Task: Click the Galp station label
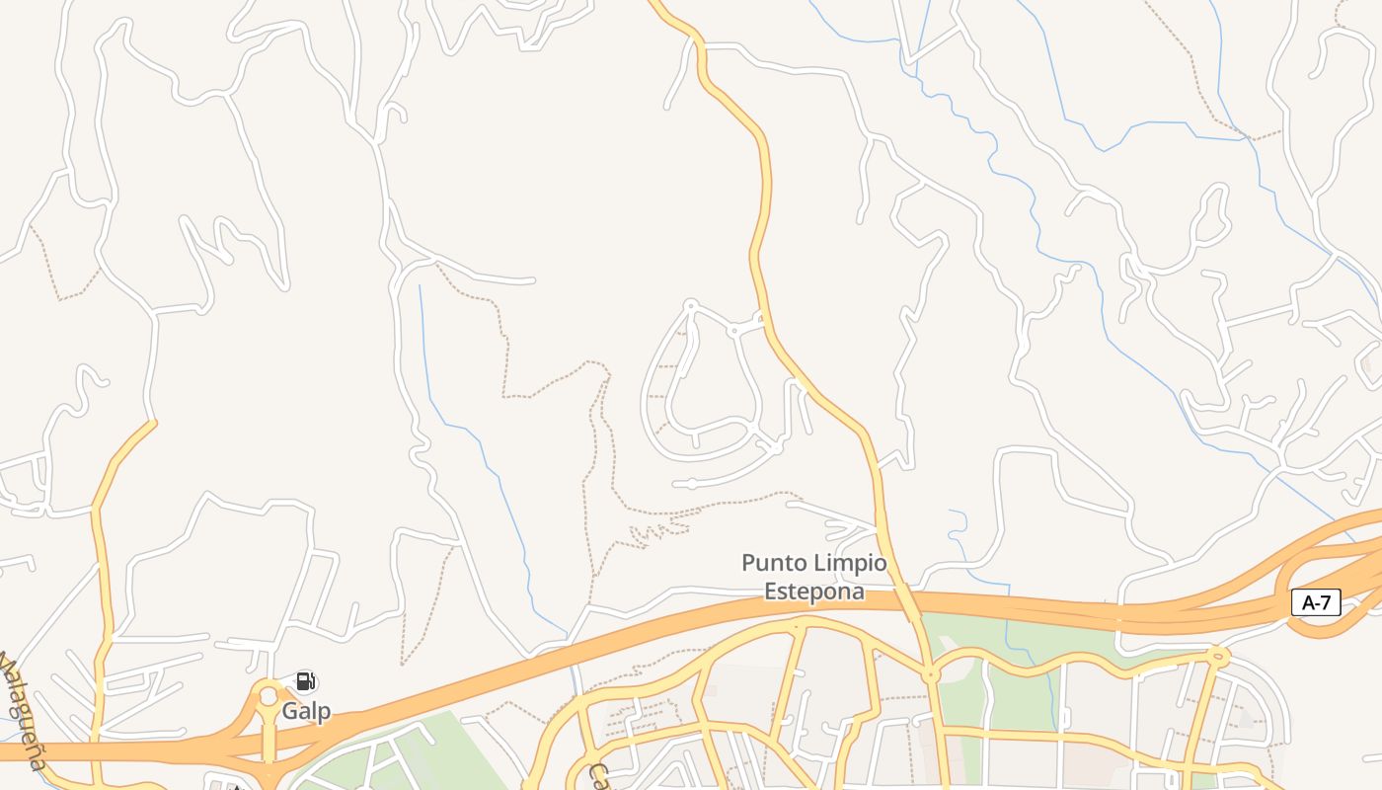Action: pyautogui.click(x=306, y=711)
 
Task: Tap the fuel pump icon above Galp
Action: pyautogui.click(x=306, y=680)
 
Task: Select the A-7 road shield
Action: pyautogui.click(x=1316, y=602)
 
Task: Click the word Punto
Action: pyautogui.click(x=775, y=564)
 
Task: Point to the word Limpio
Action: pyautogui.click(x=850, y=564)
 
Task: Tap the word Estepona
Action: pyautogui.click(x=814, y=592)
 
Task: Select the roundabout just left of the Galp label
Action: pyautogui.click(x=268, y=696)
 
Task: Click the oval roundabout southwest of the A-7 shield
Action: pyautogui.click(x=1218, y=654)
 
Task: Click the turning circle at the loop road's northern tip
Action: pyautogui.click(x=691, y=305)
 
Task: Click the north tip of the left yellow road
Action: pyautogui.click(x=154, y=423)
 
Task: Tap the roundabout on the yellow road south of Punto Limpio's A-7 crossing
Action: pyautogui.click(x=930, y=675)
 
